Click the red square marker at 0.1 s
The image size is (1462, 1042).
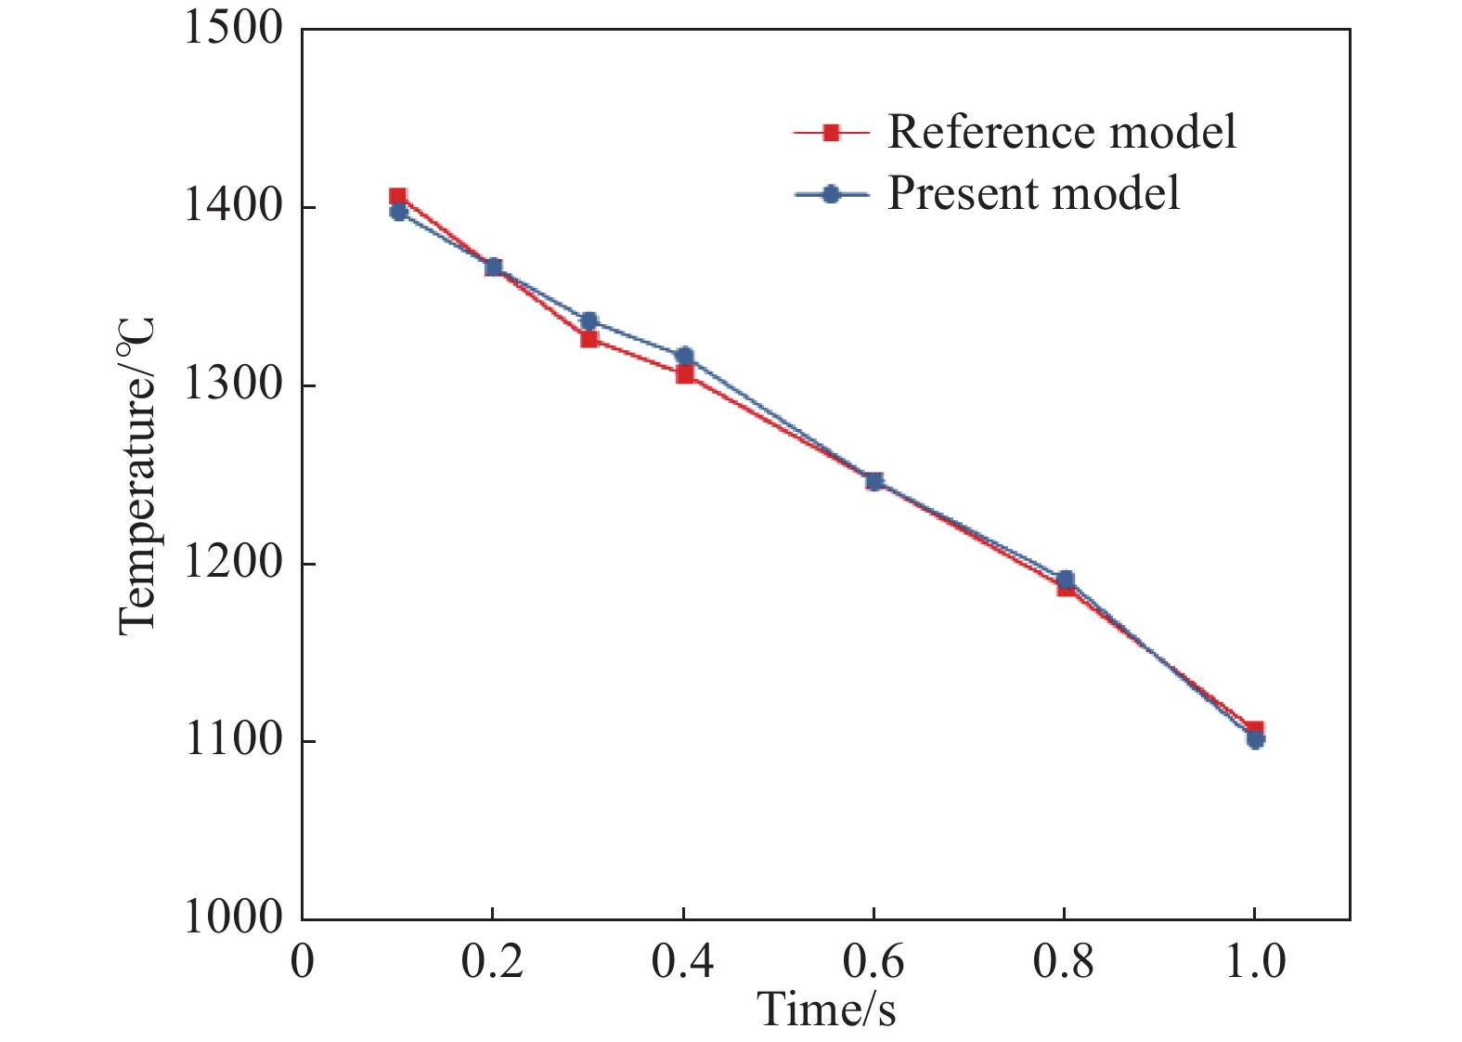point(397,197)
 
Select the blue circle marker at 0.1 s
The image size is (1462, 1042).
point(398,212)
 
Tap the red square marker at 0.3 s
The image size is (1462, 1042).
point(589,339)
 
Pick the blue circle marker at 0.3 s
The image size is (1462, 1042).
point(589,321)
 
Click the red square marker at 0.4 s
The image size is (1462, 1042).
point(685,374)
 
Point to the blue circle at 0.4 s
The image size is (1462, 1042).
point(685,357)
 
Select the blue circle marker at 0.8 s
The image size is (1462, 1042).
point(1066,580)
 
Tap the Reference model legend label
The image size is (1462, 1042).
point(1062,133)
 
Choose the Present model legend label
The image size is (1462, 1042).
point(1034,194)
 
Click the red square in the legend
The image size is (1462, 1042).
point(831,133)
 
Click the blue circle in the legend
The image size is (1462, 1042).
point(831,194)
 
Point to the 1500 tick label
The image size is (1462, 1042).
point(233,29)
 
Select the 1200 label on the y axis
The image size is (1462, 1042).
point(233,564)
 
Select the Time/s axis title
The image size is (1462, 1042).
point(826,1009)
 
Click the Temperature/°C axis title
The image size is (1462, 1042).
point(136,475)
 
